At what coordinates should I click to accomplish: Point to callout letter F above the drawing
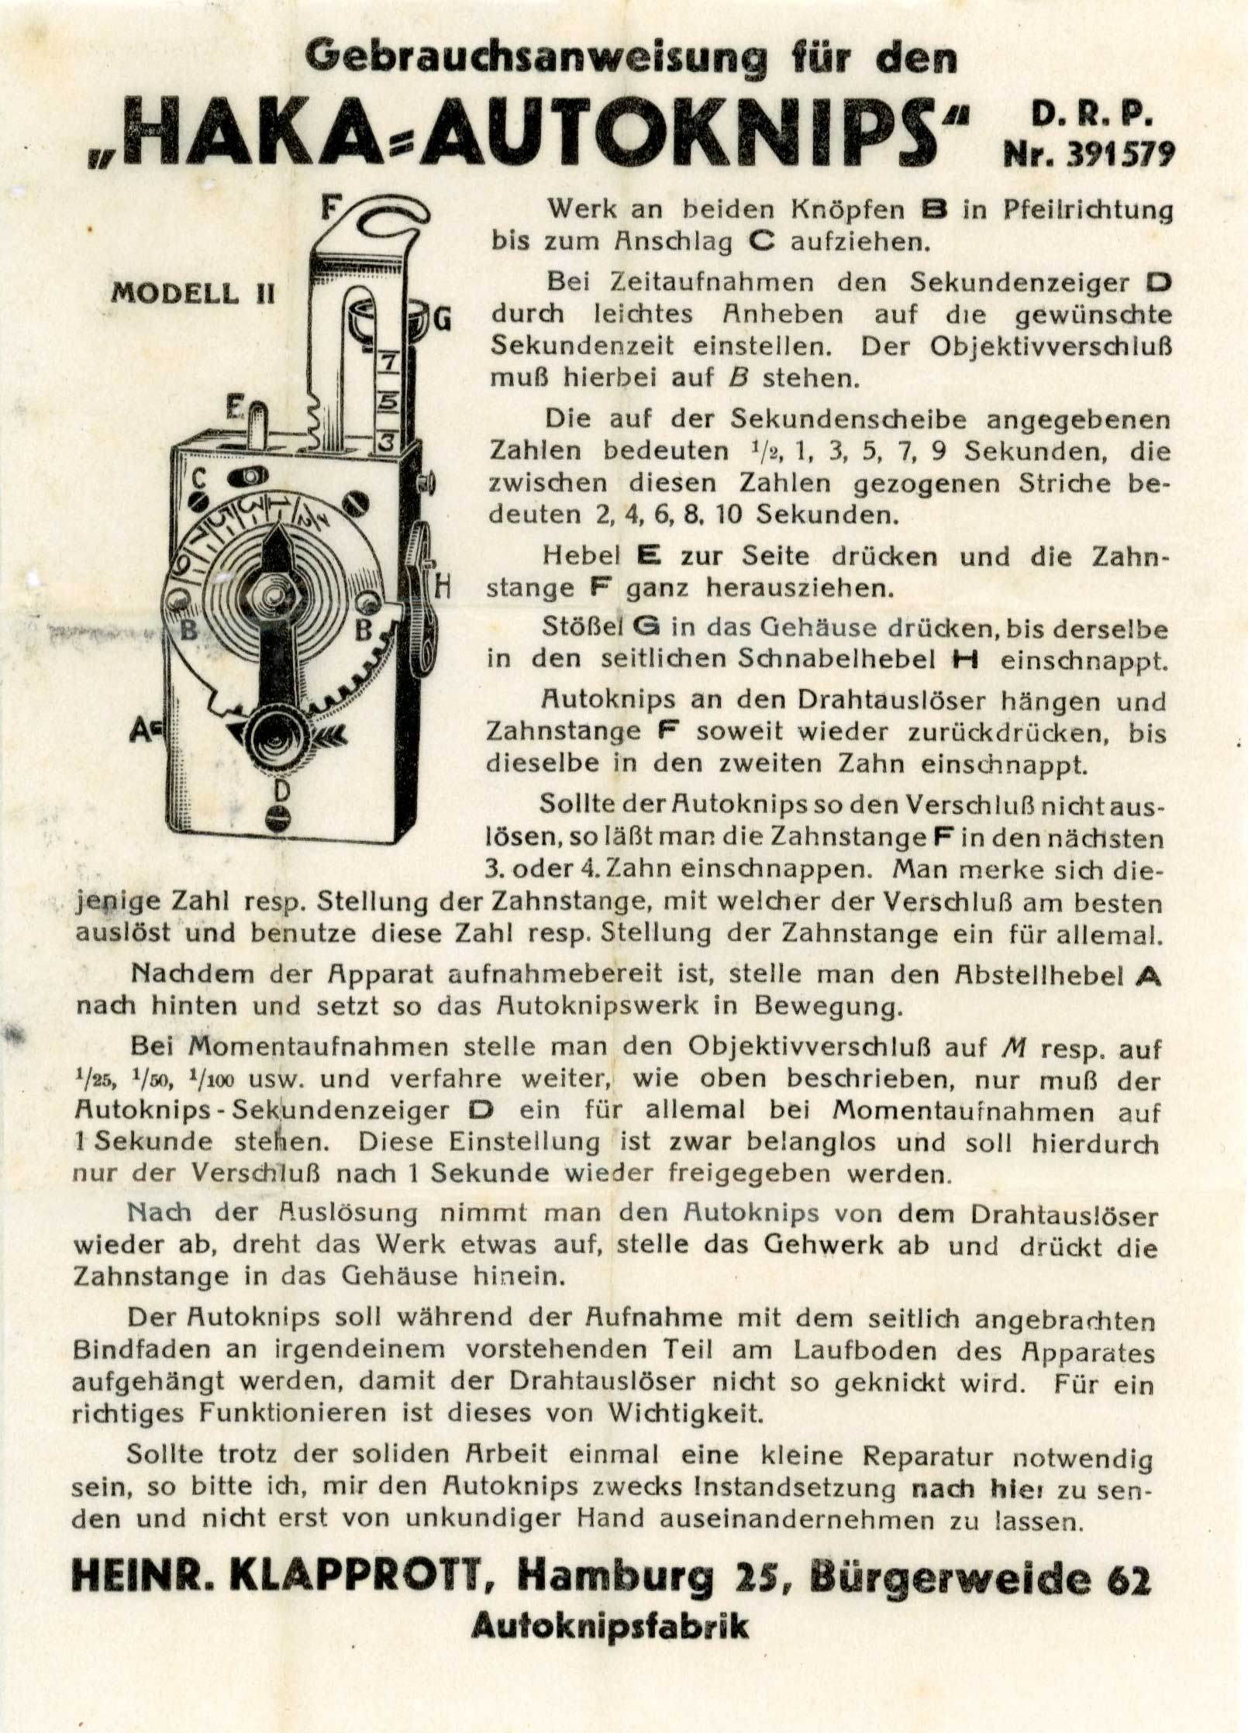coord(331,208)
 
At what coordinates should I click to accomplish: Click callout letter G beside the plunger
coord(443,319)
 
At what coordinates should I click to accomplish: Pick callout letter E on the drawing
coord(235,405)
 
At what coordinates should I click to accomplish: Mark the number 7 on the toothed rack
coord(388,360)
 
